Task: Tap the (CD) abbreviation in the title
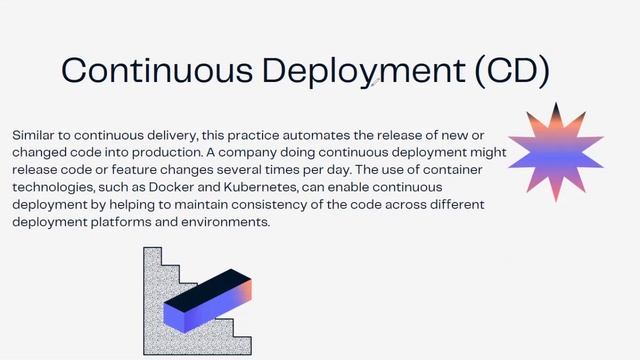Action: (513, 70)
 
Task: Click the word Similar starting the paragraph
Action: (34, 133)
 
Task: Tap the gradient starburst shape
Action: (556, 150)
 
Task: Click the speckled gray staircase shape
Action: (160, 300)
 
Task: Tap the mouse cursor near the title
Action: (372, 85)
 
